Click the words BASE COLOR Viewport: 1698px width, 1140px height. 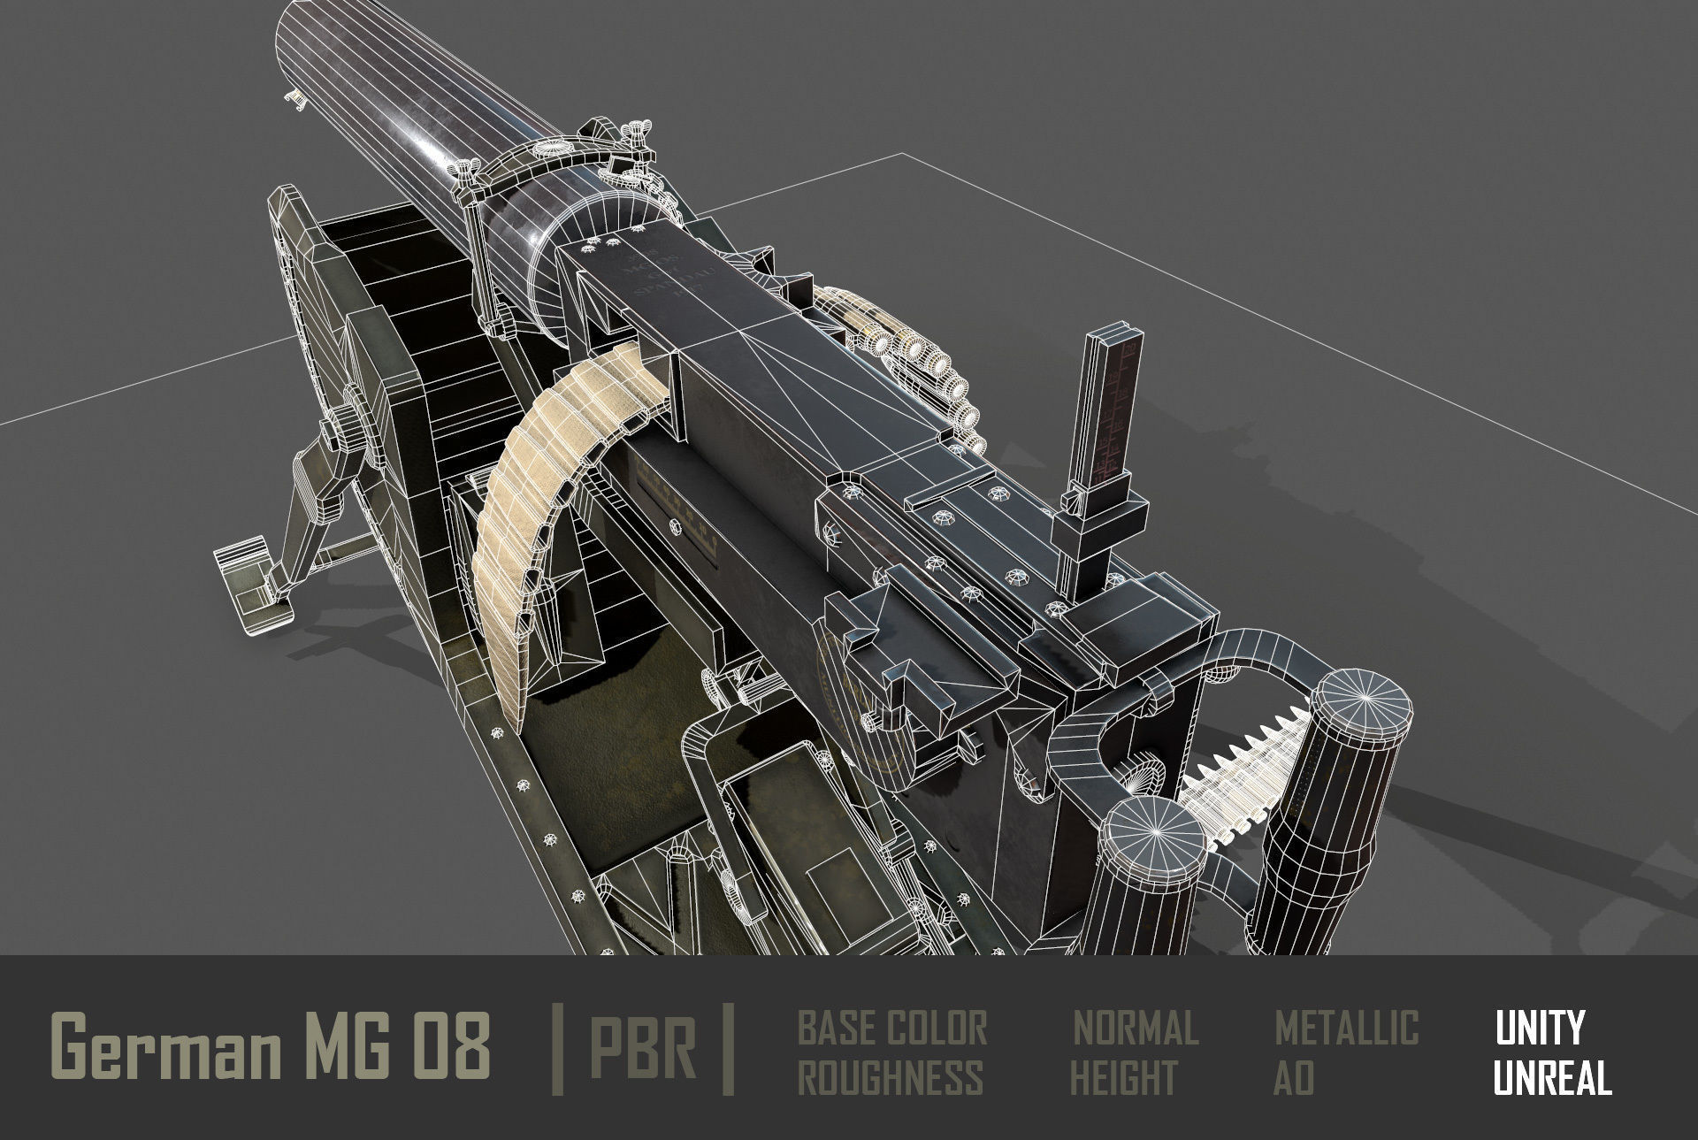pyautogui.click(x=891, y=1028)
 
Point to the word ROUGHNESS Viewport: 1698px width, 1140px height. pyautogui.click(x=890, y=1078)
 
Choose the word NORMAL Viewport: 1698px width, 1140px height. pyautogui.click(x=1136, y=1028)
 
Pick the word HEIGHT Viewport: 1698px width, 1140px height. pyautogui.click(x=1123, y=1078)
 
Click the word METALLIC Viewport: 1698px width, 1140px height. pyautogui.click(x=1346, y=1028)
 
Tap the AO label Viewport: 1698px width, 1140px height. pyautogui.click(x=1293, y=1078)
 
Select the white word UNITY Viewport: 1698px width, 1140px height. pyautogui.click(x=1539, y=1028)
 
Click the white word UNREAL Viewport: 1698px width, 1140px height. pyautogui.click(x=1552, y=1078)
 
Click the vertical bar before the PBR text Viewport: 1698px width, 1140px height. pyautogui.click(x=557, y=1049)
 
